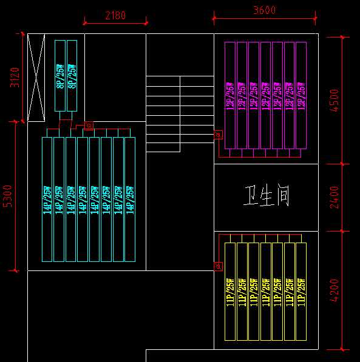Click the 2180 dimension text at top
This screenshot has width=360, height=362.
pyautogui.click(x=115, y=15)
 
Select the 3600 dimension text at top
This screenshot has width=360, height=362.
pyautogui.click(x=264, y=10)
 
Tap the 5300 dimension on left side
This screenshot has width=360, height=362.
pyautogui.click(x=8, y=196)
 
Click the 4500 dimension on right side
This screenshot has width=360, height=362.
pyautogui.click(x=334, y=100)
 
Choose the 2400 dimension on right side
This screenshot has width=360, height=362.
pyautogui.click(x=334, y=197)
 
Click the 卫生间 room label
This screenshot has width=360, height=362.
pyautogui.click(x=266, y=196)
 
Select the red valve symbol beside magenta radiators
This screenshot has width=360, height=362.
pyautogui.click(x=219, y=136)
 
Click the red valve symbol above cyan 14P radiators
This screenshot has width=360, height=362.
pyautogui.click(x=89, y=126)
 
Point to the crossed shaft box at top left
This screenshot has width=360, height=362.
pyautogui.click(x=36, y=77)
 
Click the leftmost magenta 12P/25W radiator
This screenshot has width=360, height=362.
pyautogui.click(x=230, y=95)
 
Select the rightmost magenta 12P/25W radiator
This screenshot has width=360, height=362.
pyautogui.click(x=301, y=95)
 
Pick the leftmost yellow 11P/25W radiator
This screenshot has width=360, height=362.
pyautogui.click(x=230, y=291)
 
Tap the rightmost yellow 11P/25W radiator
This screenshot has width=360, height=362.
pyautogui.click(x=301, y=291)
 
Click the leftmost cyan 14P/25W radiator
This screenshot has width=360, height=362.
pyautogui.click(x=47, y=199)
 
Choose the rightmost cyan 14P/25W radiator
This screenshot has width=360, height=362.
pyautogui.click(x=130, y=199)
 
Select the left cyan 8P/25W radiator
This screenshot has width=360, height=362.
pyautogui.click(x=60, y=76)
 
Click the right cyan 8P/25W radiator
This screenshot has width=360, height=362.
pyautogui.click(x=72, y=76)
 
